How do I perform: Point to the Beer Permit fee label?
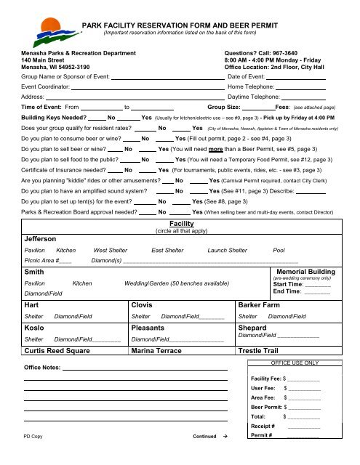coord(266,408)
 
